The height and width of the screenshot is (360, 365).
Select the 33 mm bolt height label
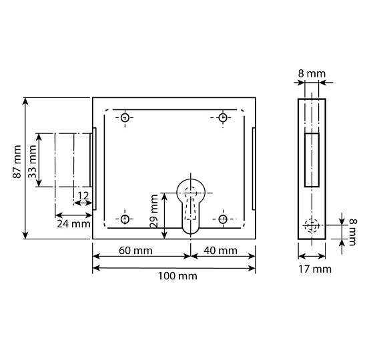(x=31, y=160)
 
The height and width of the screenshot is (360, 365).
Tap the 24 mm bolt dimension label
(x=73, y=224)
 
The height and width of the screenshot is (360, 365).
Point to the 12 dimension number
(x=83, y=195)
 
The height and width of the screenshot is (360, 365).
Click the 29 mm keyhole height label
(x=155, y=211)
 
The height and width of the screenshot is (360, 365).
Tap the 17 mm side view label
(x=314, y=269)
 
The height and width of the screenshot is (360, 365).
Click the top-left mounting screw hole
(x=125, y=118)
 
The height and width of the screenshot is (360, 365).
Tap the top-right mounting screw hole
(x=223, y=118)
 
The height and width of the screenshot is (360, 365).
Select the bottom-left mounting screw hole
(x=125, y=218)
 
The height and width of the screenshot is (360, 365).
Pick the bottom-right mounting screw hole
(x=223, y=218)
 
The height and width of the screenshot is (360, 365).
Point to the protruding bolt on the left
(x=72, y=160)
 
